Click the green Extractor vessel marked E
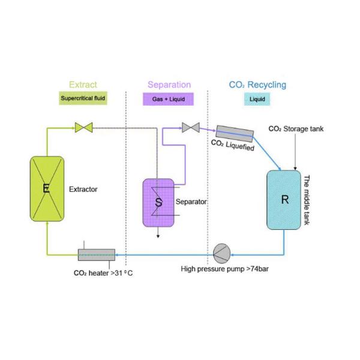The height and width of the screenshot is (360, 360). [47, 189]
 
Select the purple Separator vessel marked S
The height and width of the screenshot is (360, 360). [158, 203]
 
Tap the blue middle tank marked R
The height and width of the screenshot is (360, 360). [284, 200]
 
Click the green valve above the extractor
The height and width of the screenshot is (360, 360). [84, 128]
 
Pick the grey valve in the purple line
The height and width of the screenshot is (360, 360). [191, 128]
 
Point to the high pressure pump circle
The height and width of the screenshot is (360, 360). [222, 253]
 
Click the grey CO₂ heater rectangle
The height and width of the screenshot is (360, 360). [97, 255]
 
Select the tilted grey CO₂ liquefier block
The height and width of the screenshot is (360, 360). [235, 134]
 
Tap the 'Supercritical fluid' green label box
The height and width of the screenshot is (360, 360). [83, 98]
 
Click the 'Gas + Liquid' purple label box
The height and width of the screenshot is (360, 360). [168, 99]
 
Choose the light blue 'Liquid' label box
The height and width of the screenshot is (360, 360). [257, 99]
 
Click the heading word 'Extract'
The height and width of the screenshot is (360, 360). [83, 85]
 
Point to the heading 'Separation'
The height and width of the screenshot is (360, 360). [169, 85]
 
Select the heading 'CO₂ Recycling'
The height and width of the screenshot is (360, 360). [257, 85]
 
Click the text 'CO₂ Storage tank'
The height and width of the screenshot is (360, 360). [296, 129]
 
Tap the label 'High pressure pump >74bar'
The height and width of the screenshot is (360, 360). [225, 269]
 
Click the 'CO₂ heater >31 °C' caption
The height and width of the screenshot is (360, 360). [103, 273]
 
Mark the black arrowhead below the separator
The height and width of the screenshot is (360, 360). [158, 236]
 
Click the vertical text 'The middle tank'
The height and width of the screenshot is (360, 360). [307, 200]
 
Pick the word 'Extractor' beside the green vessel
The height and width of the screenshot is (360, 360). [83, 189]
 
